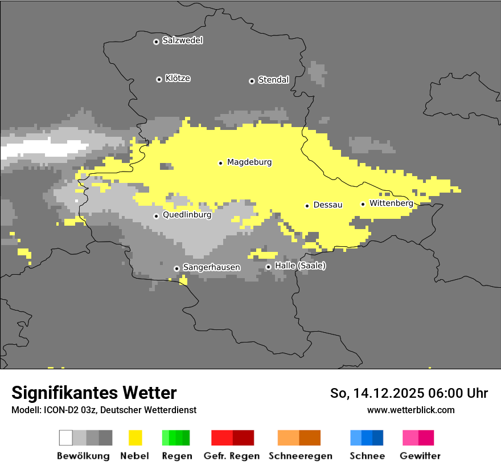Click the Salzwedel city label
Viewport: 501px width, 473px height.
coord(182,40)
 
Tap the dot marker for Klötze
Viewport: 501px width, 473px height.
coord(159,79)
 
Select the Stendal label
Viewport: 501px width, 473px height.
coord(273,80)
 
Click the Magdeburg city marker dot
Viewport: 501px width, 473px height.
coord(221,163)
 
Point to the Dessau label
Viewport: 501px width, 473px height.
coord(328,205)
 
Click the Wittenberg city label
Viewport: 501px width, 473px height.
coord(391,203)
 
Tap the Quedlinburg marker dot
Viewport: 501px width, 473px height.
coord(157,216)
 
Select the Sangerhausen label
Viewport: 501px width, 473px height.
coord(211,267)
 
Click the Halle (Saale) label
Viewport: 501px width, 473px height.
coord(300,266)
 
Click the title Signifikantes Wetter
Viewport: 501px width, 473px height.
coord(94,393)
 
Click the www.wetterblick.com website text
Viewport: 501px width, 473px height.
coord(410,410)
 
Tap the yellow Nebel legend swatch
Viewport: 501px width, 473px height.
coord(135,438)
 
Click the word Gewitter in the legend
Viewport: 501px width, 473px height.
coord(420,456)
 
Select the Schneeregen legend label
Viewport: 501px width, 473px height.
coord(300,456)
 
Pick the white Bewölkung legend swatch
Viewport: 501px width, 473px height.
coord(65,438)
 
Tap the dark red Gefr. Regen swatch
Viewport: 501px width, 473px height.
coord(243,438)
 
